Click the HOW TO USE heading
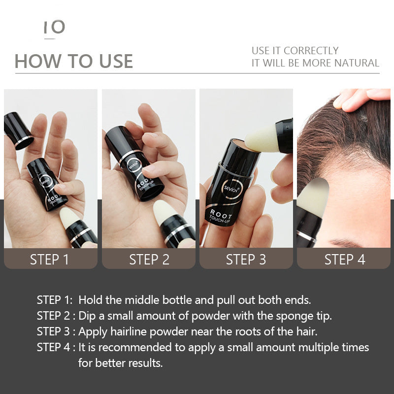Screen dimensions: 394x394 [x=74, y=61]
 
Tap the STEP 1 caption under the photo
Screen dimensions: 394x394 [x=50, y=260]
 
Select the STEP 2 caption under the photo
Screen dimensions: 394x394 [x=149, y=260]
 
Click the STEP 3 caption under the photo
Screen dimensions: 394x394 [x=246, y=260]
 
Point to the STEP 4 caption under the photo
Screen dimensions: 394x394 [x=344, y=260]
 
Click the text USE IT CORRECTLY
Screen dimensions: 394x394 [x=295, y=50]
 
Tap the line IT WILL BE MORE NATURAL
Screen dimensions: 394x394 [x=315, y=63]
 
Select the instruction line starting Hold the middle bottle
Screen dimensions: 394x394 [x=195, y=300]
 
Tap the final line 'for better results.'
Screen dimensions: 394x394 [x=120, y=363]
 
